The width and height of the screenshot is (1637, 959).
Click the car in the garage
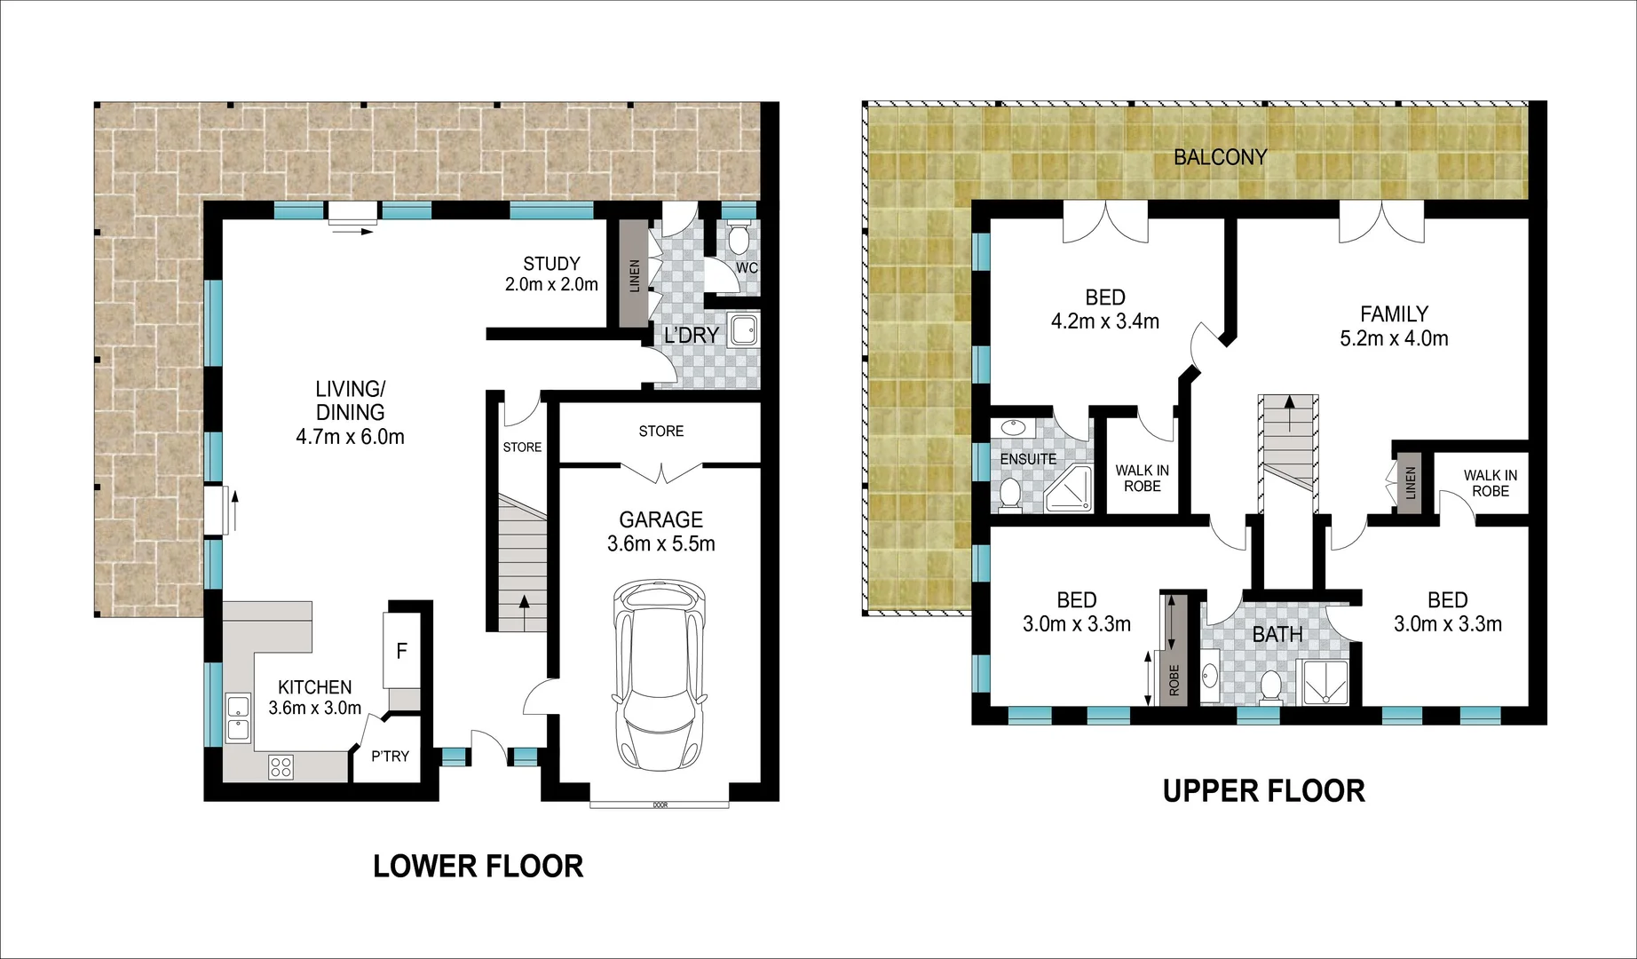point(660,677)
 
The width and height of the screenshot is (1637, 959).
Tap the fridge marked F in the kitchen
point(401,650)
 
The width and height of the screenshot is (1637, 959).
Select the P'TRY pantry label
point(390,757)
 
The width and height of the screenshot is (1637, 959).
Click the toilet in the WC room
point(738,237)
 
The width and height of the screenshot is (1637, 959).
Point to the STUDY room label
point(551,264)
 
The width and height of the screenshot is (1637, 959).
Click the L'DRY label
point(691,335)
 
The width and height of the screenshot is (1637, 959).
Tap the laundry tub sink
point(743,329)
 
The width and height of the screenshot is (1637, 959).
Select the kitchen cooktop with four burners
point(281,766)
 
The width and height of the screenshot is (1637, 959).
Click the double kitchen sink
point(238,718)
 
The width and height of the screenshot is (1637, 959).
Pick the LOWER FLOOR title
point(478,866)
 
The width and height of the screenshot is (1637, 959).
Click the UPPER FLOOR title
point(1263,790)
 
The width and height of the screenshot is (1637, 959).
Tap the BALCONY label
point(1220,157)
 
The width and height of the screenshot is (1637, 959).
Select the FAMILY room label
point(1394,313)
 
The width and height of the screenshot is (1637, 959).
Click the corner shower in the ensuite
point(1069,487)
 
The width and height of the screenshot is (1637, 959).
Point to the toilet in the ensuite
point(1009,495)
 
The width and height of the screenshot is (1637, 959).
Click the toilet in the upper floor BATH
point(1270,687)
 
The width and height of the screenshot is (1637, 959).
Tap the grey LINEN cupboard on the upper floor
point(1410,482)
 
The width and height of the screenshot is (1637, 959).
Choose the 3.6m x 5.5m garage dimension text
point(660,543)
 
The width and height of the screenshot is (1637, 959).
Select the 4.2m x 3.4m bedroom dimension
point(1104,321)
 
